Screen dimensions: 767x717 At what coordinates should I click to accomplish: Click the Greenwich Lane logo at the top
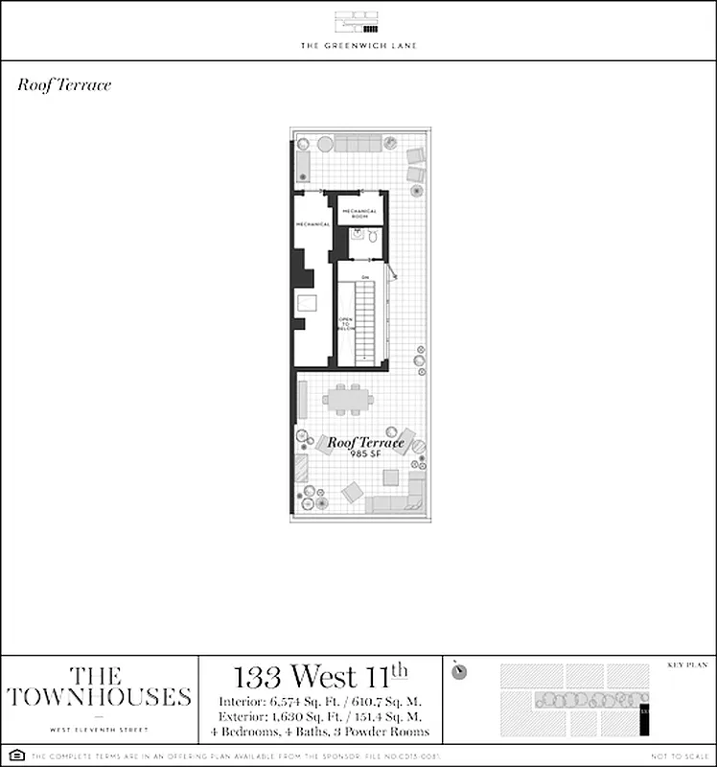coord(358,23)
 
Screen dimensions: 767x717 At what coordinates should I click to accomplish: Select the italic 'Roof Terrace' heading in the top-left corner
coord(64,85)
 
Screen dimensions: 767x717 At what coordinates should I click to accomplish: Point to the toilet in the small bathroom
coord(372,236)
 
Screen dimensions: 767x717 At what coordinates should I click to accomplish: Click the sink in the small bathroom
coord(355,236)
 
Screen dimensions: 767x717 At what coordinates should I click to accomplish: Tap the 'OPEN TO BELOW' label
coord(346,323)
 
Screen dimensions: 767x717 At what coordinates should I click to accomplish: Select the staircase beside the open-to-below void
coord(365,321)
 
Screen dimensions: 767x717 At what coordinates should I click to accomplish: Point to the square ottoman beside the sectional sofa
coord(353,493)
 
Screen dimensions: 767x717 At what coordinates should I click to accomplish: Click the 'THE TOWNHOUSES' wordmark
coord(99,686)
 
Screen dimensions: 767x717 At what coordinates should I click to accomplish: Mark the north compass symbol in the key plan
coord(460,670)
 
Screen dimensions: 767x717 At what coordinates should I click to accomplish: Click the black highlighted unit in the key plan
coord(644,714)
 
